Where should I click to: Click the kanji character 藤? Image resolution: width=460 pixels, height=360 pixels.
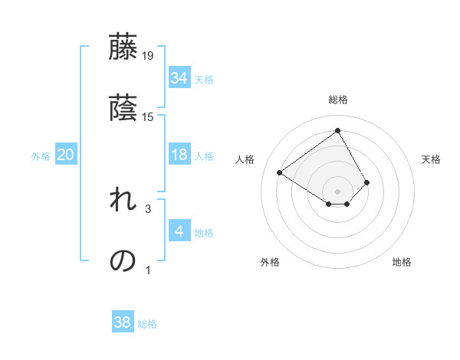[123, 47]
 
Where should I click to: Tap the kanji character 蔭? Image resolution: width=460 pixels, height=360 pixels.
[123, 108]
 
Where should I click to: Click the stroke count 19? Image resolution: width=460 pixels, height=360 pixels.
[148, 55]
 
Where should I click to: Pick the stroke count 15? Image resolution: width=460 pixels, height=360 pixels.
[148, 116]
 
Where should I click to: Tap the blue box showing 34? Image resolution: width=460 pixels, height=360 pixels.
[179, 77]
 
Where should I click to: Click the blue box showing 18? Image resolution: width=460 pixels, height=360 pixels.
[179, 155]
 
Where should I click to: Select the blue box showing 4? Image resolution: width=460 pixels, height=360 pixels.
[179, 231]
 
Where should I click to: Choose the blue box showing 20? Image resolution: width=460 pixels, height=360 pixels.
[65, 155]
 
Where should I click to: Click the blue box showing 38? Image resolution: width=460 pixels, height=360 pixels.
[122, 322]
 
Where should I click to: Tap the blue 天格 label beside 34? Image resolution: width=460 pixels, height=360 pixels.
[204, 79]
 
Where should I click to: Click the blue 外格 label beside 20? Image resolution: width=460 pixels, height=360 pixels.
[41, 155]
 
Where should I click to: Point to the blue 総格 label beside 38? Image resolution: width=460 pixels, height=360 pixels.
[147, 324]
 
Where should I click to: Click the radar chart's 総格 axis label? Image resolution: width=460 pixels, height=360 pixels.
[338, 100]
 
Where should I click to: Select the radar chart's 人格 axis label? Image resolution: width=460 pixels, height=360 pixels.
[245, 159]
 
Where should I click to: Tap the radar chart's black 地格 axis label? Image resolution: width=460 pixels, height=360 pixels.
[402, 262]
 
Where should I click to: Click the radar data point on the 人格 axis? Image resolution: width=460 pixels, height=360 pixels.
[280, 172]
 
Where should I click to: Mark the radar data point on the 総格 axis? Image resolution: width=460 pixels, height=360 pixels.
[338, 130]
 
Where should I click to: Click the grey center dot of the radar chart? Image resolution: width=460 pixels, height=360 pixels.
[338, 191]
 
